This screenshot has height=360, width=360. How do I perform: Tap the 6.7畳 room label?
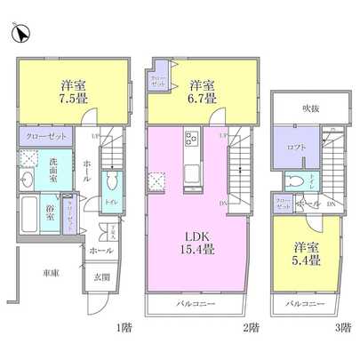point(203,92)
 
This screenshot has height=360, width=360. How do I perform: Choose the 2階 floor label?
point(252,328)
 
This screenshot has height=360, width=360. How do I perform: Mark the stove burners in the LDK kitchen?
point(192,140)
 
